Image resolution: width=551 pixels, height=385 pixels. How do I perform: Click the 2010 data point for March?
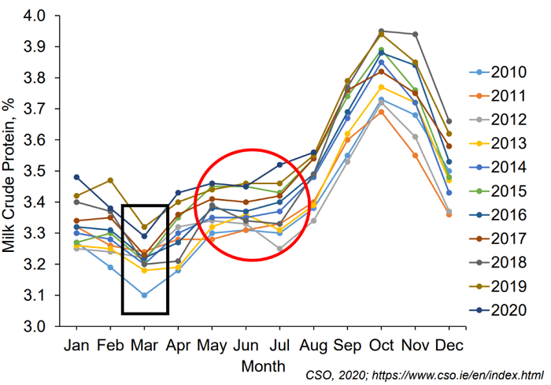pyautogui.click(x=143, y=295)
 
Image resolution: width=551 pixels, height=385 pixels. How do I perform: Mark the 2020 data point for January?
pyautogui.click(x=76, y=177)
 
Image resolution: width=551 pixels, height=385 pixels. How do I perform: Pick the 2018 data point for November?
pyautogui.click(x=415, y=34)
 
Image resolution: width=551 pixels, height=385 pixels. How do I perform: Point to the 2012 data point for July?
pyautogui.click(x=279, y=249)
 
